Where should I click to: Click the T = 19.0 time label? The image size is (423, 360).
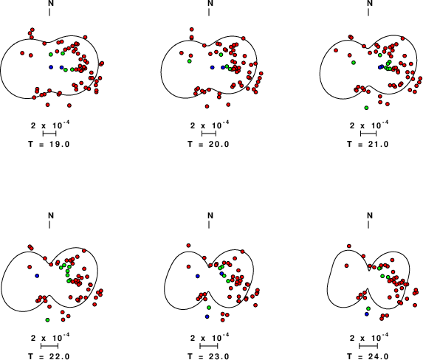click(x=49, y=144)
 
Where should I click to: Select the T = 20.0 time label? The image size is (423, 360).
click(x=208, y=144)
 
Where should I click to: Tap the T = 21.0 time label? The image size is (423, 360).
click(x=368, y=144)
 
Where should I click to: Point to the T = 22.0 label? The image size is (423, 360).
click(x=49, y=356)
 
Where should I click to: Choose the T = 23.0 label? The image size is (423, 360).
click(x=208, y=356)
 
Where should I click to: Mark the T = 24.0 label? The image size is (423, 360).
click(x=368, y=356)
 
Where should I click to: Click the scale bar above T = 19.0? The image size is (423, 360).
click(x=49, y=134)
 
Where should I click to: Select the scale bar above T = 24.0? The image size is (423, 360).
click(x=368, y=346)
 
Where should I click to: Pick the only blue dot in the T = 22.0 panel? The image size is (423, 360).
click(x=37, y=276)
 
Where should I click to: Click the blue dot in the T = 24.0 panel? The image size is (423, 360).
click(x=366, y=314)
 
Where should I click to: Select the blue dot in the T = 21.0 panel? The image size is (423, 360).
click(x=380, y=67)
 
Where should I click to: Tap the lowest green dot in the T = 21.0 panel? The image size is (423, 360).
click(x=366, y=108)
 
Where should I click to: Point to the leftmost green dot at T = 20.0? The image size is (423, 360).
click(x=190, y=61)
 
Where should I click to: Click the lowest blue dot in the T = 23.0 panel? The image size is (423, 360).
click(x=207, y=316)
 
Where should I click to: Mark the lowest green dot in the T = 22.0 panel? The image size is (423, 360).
click(x=47, y=320)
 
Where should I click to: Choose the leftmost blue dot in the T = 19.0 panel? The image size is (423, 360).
click(x=51, y=67)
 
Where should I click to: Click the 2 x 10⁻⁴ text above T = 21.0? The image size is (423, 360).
click(x=369, y=125)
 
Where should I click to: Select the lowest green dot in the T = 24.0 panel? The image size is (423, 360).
click(x=368, y=308)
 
